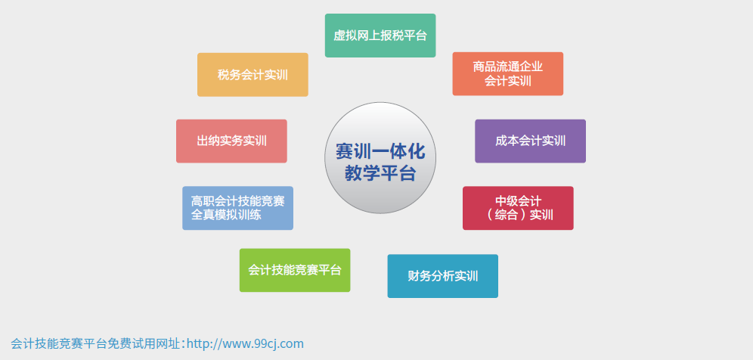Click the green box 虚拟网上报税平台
click(x=380, y=36)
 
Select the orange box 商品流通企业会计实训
click(x=507, y=74)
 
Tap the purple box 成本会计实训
click(x=530, y=141)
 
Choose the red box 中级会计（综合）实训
click(x=518, y=208)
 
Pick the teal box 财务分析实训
click(x=443, y=276)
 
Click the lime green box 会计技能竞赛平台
click(x=295, y=270)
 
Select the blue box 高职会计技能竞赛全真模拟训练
click(x=237, y=208)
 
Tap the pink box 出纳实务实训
click(x=231, y=141)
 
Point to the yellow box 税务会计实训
click(x=253, y=75)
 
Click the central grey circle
click(x=380, y=157)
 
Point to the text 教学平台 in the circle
click(x=380, y=173)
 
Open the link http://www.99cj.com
click(x=245, y=343)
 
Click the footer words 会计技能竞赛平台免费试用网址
click(x=95, y=343)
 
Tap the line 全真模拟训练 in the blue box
click(x=226, y=215)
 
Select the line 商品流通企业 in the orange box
click(x=507, y=67)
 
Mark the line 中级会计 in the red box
click(x=518, y=201)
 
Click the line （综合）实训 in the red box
click(x=518, y=215)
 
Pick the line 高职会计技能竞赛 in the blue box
click(x=237, y=201)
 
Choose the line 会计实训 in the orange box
click(x=507, y=81)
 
